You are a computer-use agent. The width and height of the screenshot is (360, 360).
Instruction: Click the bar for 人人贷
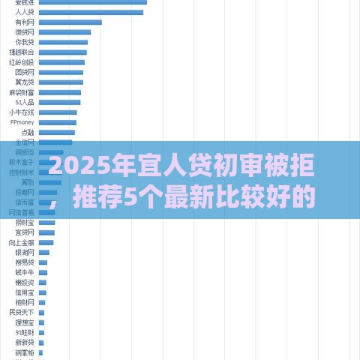pos(91,13)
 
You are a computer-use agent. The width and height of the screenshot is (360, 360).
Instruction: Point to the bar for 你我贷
pos(63,42)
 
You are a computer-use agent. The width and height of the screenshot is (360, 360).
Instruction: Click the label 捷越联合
pos(22,52)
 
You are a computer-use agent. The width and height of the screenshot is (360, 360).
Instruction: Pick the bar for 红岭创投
pos(61,62)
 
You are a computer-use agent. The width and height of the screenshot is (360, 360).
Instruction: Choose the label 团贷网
pos(25,72)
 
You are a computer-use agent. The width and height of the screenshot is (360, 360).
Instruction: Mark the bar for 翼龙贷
pos(61,82)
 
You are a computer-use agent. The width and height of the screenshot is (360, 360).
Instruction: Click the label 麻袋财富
pos(22,91)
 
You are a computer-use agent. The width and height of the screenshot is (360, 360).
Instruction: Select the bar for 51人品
pos(59,101)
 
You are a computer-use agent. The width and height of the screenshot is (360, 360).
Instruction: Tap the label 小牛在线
pos(22,112)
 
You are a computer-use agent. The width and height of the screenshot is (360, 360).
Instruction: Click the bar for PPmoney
pos(58,121)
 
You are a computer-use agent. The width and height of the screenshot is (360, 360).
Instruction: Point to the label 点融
pos(27,131)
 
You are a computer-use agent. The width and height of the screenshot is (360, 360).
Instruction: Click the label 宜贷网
pos(25,232)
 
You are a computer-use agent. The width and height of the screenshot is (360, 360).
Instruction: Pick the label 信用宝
pos(25,292)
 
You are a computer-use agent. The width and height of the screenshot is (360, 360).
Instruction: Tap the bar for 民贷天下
pos(42,312)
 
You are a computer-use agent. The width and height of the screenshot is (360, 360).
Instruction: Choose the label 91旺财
pos(25,331)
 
